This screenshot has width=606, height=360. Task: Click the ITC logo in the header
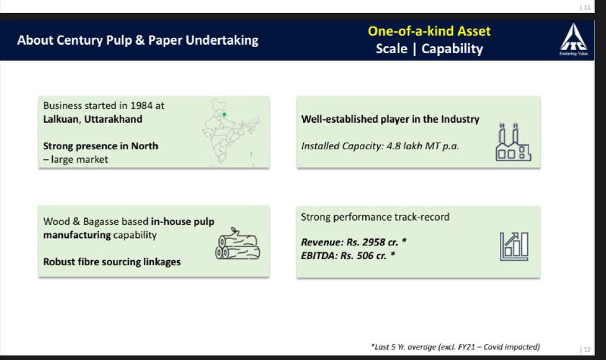tap(573, 39)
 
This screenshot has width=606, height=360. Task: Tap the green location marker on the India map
tap(224, 114)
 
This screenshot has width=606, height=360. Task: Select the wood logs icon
tap(238, 243)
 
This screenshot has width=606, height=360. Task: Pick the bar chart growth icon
tap(514, 246)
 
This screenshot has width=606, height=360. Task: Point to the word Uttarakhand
tap(113, 119)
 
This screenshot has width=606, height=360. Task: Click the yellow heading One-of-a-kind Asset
tap(429, 31)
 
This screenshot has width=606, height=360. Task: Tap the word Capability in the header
tap(452, 49)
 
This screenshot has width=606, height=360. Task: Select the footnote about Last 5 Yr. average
tap(455, 347)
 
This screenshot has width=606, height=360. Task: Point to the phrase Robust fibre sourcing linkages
tap(111, 261)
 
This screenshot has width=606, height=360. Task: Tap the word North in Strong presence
tap(145, 146)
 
